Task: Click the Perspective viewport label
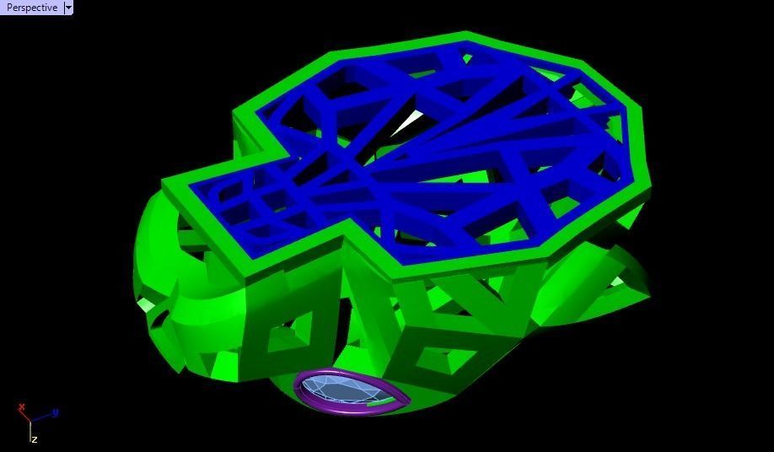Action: point(32,8)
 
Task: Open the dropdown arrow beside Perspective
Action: point(68,8)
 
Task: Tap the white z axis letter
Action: point(35,439)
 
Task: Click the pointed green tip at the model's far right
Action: point(649,291)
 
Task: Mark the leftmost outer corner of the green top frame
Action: point(163,186)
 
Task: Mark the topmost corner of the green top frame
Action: point(465,34)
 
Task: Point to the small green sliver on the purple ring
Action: point(384,404)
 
